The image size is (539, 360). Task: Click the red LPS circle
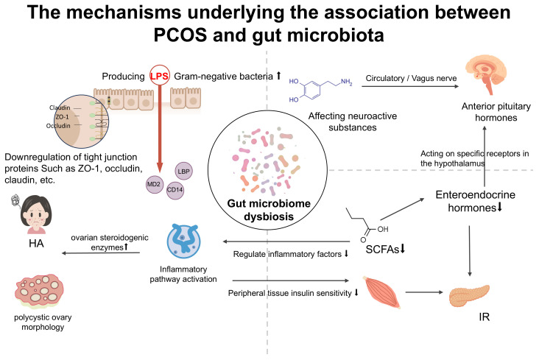(160, 75)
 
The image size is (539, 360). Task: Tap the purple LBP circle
(183, 171)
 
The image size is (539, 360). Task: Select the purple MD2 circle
(155, 184)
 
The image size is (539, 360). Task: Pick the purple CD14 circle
(175, 190)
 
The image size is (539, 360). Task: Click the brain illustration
(486, 74)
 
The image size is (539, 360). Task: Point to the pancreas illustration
(469, 295)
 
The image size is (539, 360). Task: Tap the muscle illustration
(382, 292)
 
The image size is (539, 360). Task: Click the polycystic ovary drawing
(39, 291)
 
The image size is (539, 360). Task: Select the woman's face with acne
(36, 214)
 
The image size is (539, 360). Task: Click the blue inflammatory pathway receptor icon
(183, 241)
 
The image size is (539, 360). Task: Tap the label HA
(36, 244)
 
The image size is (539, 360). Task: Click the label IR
(484, 317)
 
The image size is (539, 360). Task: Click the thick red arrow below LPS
(160, 128)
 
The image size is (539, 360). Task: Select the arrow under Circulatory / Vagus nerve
(410, 86)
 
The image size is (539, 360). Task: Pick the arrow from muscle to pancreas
(424, 292)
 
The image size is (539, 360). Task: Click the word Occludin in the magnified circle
(58, 126)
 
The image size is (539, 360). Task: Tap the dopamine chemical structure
(320, 90)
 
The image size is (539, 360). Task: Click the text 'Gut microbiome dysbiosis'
(269, 210)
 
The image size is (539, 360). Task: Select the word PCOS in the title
(180, 35)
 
